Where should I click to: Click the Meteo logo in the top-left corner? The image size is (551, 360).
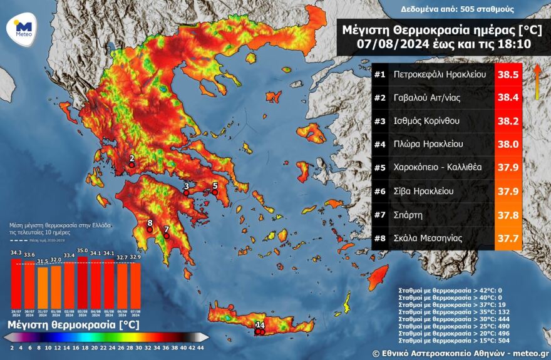[x=23, y=28]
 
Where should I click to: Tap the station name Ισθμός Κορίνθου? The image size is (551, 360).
[x=432, y=121]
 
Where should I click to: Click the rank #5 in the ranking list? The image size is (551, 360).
[x=379, y=168]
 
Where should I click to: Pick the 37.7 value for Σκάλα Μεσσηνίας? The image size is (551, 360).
[x=508, y=238]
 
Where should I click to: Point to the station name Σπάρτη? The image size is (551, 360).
[x=408, y=214]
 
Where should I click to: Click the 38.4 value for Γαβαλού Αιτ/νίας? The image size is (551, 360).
[x=508, y=98]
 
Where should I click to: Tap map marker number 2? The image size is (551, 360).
[x=131, y=159]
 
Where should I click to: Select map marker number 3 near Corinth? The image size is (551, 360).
[x=186, y=187]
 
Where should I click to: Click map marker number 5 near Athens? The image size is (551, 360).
[x=215, y=186]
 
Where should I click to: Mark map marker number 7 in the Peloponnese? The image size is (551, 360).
[x=166, y=230]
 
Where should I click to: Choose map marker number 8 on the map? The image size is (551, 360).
[x=150, y=224]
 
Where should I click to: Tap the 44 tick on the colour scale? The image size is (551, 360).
[x=200, y=347]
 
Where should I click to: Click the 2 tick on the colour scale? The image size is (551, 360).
[x=12, y=347]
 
